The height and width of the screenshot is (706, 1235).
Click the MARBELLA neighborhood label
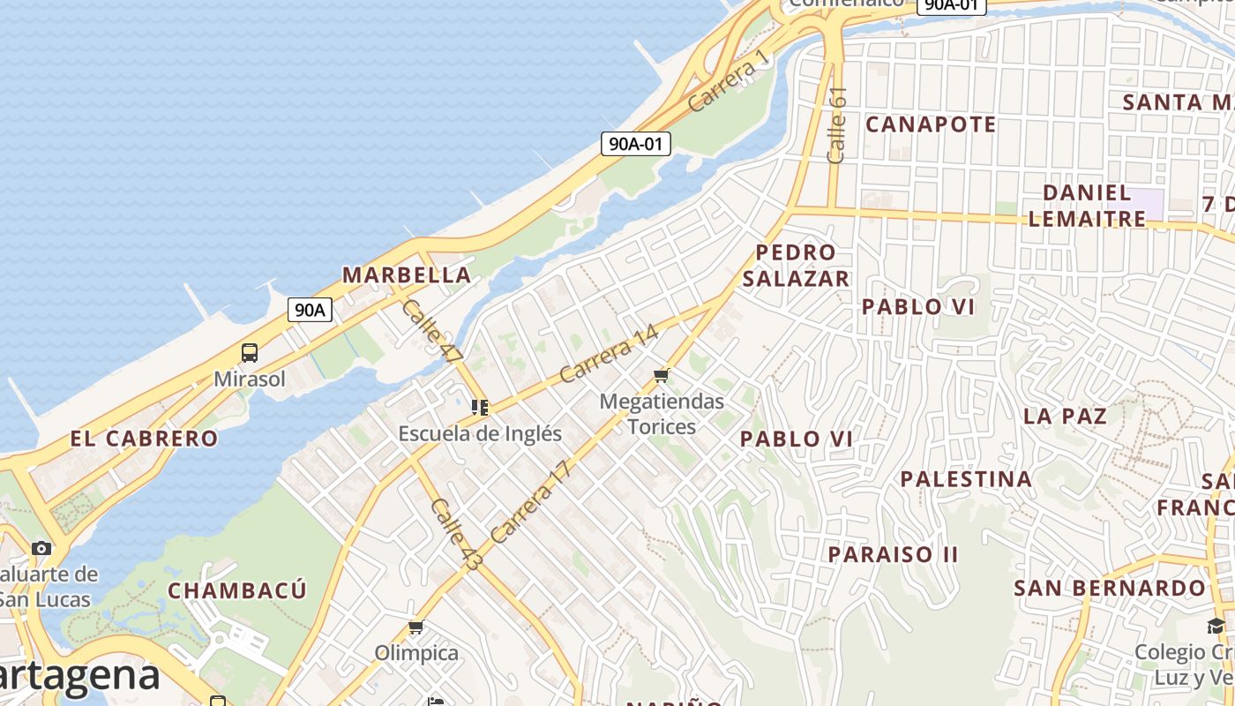coord(407,274)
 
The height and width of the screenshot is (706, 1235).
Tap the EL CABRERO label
coord(144,438)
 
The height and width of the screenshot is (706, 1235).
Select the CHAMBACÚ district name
coord(237,590)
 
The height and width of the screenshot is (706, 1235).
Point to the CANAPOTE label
coord(931,124)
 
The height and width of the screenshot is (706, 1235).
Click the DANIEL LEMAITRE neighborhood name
coord(1087,205)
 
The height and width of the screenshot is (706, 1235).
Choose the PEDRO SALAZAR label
coord(796,266)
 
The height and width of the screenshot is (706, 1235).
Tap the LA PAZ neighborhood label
coord(1065,416)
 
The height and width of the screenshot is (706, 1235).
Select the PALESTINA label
coord(966,479)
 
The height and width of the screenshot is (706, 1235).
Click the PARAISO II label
coord(893,554)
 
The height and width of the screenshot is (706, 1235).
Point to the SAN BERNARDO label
coord(1109,588)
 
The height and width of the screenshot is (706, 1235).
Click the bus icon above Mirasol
coord(250,353)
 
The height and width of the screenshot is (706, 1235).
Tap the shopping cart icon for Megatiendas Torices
coord(662,376)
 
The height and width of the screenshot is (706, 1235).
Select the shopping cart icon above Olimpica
coord(416,627)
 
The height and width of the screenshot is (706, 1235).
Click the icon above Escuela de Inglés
coord(480,408)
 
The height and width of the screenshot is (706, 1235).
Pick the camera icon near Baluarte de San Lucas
coord(41,548)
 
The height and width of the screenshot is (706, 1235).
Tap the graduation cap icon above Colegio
coord(1216,627)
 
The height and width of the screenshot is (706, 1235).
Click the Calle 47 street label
coord(431,332)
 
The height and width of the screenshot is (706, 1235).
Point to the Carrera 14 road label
coord(609,354)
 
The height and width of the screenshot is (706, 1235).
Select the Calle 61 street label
coord(837,124)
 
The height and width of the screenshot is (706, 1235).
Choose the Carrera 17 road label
coord(531,501)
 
